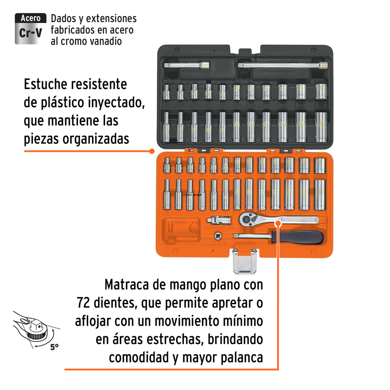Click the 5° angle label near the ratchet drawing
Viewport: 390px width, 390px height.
tap(55, 347)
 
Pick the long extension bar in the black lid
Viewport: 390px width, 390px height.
tap(283, 65)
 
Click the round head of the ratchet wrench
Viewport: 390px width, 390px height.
tap(248, 220)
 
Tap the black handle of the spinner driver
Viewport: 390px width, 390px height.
tap(298, 236)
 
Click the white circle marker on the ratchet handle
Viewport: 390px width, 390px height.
tap(278, 223)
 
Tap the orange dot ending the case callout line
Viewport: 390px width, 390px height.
tap(151, 151)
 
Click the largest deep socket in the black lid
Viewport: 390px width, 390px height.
tap(321, 127)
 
